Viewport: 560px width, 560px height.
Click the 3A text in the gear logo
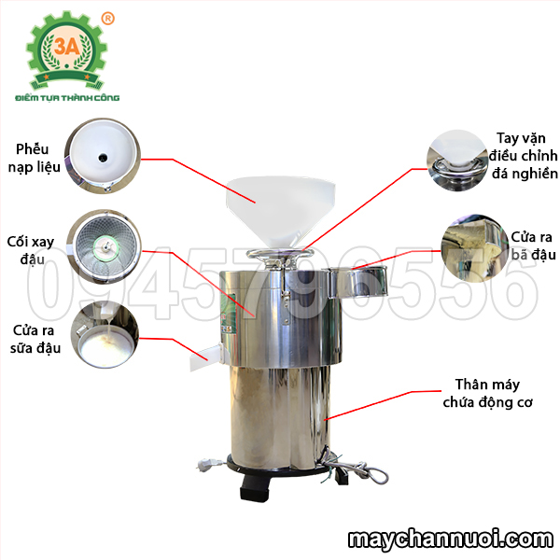pyautogui.click(x=67, y=46)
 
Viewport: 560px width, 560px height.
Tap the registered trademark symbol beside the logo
pyautogui.click(x=108, y=19)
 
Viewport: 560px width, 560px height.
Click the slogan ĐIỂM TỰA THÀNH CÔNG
pyautogui.click(x=67, y=97)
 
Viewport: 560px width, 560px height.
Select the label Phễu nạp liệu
pyautogui.click(x=34, y=158)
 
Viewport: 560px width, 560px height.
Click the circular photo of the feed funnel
pyautogui.click(x=103, y=156)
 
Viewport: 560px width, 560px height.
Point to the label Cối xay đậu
pyautogui.click(x=31, y=250)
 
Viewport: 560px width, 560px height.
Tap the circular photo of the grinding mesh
pyautogui.click(x=105, y=246)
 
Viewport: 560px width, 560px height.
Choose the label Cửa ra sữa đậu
pyautogui.click(x=35, y=339)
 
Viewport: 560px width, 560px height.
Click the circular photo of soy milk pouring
pyautogui.click(x=105, y=335)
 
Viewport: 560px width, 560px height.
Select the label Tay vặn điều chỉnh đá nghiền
pyautogui.click(x=523, y=155)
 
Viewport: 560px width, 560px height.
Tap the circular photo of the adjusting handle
pyautogui.click(x=457, y=160)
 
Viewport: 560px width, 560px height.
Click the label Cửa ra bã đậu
pyautogui.click(x=533, y=245)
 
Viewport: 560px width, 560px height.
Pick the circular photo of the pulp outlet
pyautogui.click(x=475, y=248)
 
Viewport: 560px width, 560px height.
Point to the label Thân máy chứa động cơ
pyautogui.click(x=487, y=393)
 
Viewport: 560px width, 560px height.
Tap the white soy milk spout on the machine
pyautogui.click(x=206, y=356)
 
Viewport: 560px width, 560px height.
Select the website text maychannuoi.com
pyautogui.click(x=451, y=539)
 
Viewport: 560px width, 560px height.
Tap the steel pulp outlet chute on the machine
pyautogui.click(x=358, y=282)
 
